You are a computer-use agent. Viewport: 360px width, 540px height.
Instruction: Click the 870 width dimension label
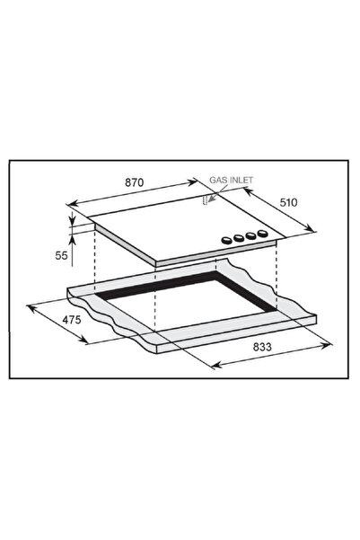tap(134, 183)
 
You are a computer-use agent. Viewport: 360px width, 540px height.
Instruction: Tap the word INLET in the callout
tap(241, 180)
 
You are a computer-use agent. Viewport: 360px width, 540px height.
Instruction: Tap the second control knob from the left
tap(236, 238)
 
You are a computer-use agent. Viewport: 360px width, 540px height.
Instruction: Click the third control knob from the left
tap(250, 236)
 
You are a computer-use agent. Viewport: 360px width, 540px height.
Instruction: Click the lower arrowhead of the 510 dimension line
tap(314, 229)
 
